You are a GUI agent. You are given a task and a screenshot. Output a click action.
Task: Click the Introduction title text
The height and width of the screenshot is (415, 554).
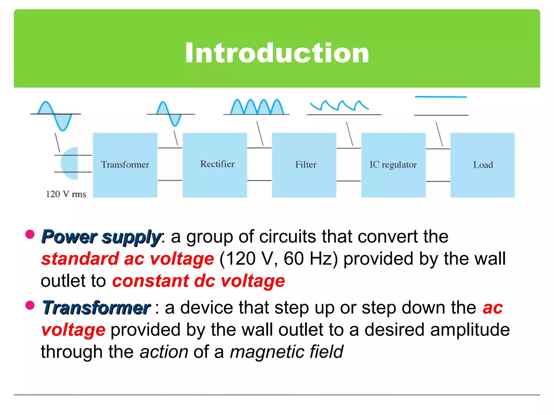click(277, 53)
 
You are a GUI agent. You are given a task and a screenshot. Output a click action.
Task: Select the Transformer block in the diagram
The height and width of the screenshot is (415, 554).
click(125, 165)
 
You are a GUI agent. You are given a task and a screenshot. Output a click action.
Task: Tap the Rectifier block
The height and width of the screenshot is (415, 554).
click(215, 165)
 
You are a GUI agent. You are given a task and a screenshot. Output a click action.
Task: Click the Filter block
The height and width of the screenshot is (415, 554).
click(304, 165)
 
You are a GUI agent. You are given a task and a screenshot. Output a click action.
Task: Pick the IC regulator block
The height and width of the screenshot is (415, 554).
click(393, 165)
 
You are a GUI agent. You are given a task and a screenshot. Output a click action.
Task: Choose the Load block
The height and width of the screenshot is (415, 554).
click(482, 165)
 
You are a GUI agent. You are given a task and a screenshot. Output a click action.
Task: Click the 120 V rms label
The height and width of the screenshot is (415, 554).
click(66, 194)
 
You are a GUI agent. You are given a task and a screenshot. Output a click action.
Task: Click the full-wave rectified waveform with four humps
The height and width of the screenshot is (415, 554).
click(257, 107)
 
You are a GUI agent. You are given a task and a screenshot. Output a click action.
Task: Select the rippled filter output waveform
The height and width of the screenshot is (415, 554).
click(339, 106)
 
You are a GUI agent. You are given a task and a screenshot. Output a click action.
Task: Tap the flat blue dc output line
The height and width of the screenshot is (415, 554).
click(441, 97)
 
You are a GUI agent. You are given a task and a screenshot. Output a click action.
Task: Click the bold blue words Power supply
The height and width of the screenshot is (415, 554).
click(101, 237)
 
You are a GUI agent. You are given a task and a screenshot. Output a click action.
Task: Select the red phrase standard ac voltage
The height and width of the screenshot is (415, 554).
click(127, 259)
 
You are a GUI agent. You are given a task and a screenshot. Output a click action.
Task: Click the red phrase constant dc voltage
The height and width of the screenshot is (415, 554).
click(199, 281)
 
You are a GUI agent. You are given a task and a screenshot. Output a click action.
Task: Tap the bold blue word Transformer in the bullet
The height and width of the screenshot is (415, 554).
click(96, 308)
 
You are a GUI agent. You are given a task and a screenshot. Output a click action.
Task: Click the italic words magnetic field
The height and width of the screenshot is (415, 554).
click(286, 352)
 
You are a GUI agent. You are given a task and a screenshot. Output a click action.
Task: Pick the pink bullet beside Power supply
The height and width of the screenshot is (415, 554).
click(30, 234)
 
